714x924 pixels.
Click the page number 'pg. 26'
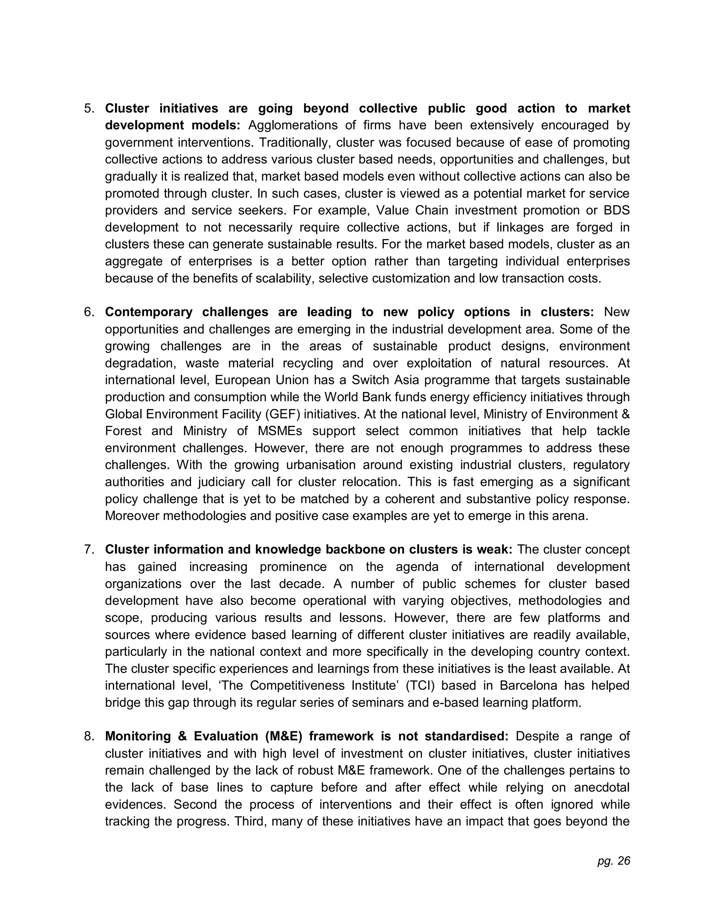tap(613, 861)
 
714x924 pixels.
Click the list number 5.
tap(89, 109)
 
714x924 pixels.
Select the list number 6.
tap(89, 312)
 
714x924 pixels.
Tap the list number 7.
tap(89, 550)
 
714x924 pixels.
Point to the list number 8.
tap(89, 736)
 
